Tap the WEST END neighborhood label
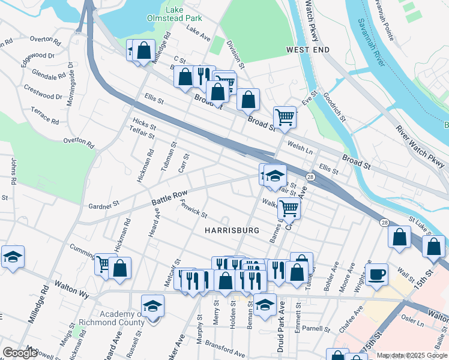click(307, 49)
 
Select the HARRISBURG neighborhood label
click(231, 230)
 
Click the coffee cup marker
click(377, 274)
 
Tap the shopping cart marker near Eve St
click(285, 116)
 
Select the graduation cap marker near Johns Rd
click(13, 256)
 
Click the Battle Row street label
click(169, 196)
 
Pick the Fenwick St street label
click(193, 209)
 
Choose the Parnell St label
click(316, 329)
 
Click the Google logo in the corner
click(20, 353)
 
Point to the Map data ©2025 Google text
click(412, 355)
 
